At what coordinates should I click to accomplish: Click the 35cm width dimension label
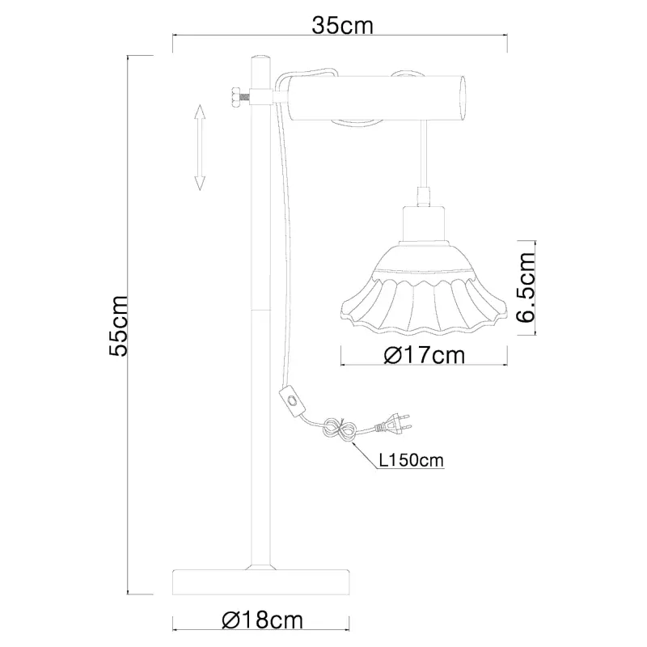click(x=343, y=25)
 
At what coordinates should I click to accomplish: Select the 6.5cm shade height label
click(x=526, y=287)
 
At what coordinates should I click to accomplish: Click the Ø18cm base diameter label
click(x=263, y=620)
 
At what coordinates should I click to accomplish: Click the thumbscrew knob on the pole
click(x=235, y=97)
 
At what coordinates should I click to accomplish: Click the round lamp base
click(x=263, y=581)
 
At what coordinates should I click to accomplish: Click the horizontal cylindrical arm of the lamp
click(x=372, y=97)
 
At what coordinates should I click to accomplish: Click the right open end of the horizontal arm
click(x=463, y=97)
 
